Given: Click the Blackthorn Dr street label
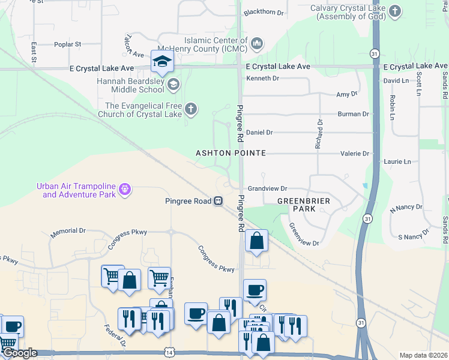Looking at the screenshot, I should (265, 11).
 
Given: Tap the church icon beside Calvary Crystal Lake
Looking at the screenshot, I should (394, 11).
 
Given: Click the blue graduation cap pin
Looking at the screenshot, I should (162, 62).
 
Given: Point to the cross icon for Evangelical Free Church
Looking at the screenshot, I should (190, 109).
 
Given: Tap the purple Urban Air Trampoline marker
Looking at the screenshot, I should (125, 190).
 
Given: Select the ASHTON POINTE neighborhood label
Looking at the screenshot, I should (231, 154).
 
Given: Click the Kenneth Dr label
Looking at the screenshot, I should (263, 78).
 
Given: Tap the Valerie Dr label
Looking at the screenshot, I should (357, 154).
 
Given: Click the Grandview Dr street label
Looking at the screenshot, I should (268, 188).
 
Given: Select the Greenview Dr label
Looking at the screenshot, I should (304, 235).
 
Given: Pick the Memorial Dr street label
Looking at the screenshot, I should (68, 230).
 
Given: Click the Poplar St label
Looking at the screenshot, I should (67, 44).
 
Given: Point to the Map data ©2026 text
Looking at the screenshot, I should (423, 355).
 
